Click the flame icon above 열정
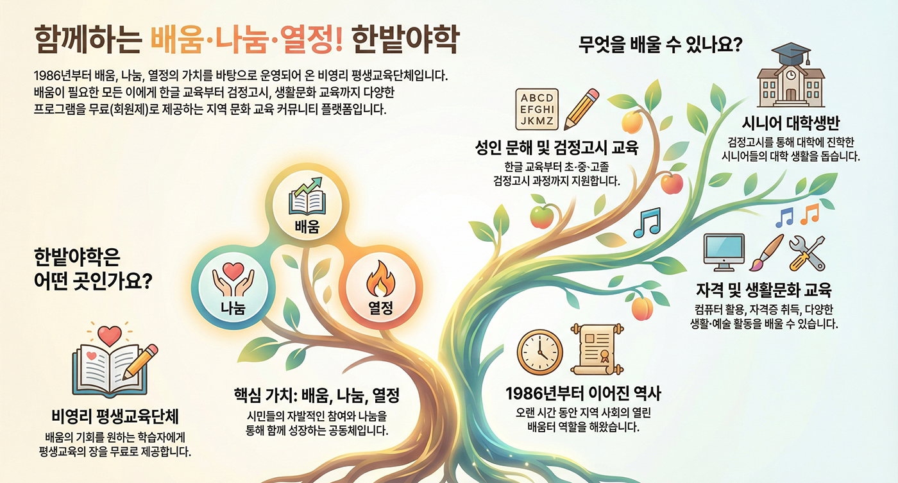pyautogui.click(x=380, y=279)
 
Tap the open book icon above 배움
pyautogui.click(x=307, y=196)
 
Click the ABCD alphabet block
pyautogui.click(x=537, y=109)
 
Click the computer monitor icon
pyautogui.click(x=724, y=253)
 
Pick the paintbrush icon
pyautogui.click(x=766, y=252)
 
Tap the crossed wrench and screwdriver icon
pyautogui.click(x=807, y=253)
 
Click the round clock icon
pyautogui.click(x=539, y=352)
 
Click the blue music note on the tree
pyautogui.click(x=647, y=223)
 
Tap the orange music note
pyautogui.click(x=809, y=214)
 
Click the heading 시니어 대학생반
pyautogui.click(x=790, y=123)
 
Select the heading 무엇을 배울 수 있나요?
pyautogui.click(x=660, y=44)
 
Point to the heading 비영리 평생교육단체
pyautogui.click(x=115, y=416)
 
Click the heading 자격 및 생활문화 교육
pyautogui.click(x=764, y=289)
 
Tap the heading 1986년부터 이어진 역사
pyautogui.click(x=583, y=394)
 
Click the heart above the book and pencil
pyautogui.click(x=110, y=335)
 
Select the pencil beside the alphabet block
pyautogui.click(x=582, y=109)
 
